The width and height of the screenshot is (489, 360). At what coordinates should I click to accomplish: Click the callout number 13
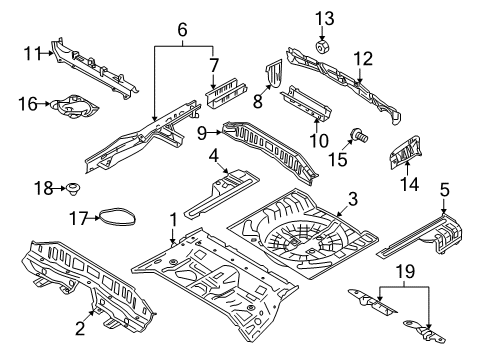pyautogui.click(x=325, y=19)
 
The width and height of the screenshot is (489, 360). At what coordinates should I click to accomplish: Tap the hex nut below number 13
pyautogui.click(x=322, y=47)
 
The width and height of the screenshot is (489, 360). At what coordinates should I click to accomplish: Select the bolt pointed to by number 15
pyautogui.click(x=359, y=135)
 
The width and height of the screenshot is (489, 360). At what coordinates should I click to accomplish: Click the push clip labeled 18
pyautogui.click(x=73, y=189)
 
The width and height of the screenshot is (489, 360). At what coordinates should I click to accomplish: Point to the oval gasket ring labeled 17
pyautogui.click(x=118, y=217)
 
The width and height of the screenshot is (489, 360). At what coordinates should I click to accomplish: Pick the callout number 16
pyautogui.click(x=27, y=104)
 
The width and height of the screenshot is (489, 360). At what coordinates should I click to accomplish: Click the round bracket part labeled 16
pyautogui.click(x=74, y=106)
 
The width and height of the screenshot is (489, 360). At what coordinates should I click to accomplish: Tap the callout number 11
pyautogui.click(x=33, y=54)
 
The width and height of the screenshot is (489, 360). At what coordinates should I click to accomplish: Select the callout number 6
pyautogui.click(x=182, y=30)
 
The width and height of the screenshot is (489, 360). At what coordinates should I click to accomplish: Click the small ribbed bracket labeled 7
pyautogui.click(x=226, y=93)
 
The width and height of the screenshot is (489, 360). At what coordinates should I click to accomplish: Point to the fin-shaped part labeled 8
pyautogui.click(x=274, y=73)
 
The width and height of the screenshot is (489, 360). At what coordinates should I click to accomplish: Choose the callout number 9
pyautogui.click(x=202, y=134)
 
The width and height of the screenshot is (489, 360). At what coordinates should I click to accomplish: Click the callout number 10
pyautogui.click(x=319, y=140)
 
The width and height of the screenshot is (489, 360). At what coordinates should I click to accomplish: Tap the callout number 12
pyautogui.click(x=363, y=59)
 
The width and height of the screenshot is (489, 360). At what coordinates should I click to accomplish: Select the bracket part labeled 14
pyautogui.click(x=406, y=152)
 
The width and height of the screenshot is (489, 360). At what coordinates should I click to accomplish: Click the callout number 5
pyautogui.click(x=445, y=190)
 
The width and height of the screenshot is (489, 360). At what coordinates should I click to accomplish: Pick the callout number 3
pyautogui.click(x=353, y=199)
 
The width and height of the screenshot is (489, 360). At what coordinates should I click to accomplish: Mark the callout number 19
pyautogui.click(x=405, y=272)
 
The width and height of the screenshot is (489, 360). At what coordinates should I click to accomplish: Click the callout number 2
pyautogui.click(x=80, y=329)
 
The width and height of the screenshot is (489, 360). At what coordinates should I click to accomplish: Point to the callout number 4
pyautogui.click(x=214, y=156)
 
